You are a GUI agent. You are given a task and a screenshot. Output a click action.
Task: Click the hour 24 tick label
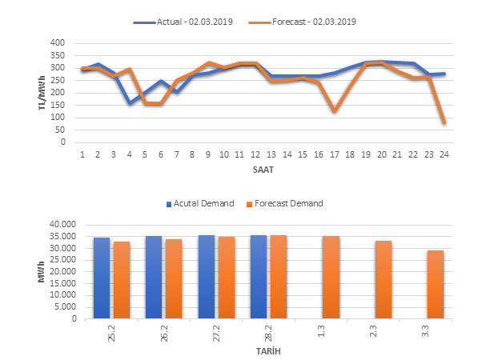pos(443,154)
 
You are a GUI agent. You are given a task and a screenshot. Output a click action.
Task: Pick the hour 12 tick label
pos(255,154)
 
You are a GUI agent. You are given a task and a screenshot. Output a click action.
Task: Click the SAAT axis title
pos(263,170)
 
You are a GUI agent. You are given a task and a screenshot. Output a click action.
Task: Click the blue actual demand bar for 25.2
pos(102,278)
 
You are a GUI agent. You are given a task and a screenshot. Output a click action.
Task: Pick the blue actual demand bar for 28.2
pos(259,277)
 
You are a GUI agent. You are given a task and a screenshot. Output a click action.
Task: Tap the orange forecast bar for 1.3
pos(331,277)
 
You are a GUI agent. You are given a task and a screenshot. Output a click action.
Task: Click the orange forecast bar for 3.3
pos(436,284)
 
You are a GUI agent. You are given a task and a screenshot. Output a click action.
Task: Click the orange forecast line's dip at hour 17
pos(334,110)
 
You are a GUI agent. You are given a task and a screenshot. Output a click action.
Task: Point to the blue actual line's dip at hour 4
pos(130,102)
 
